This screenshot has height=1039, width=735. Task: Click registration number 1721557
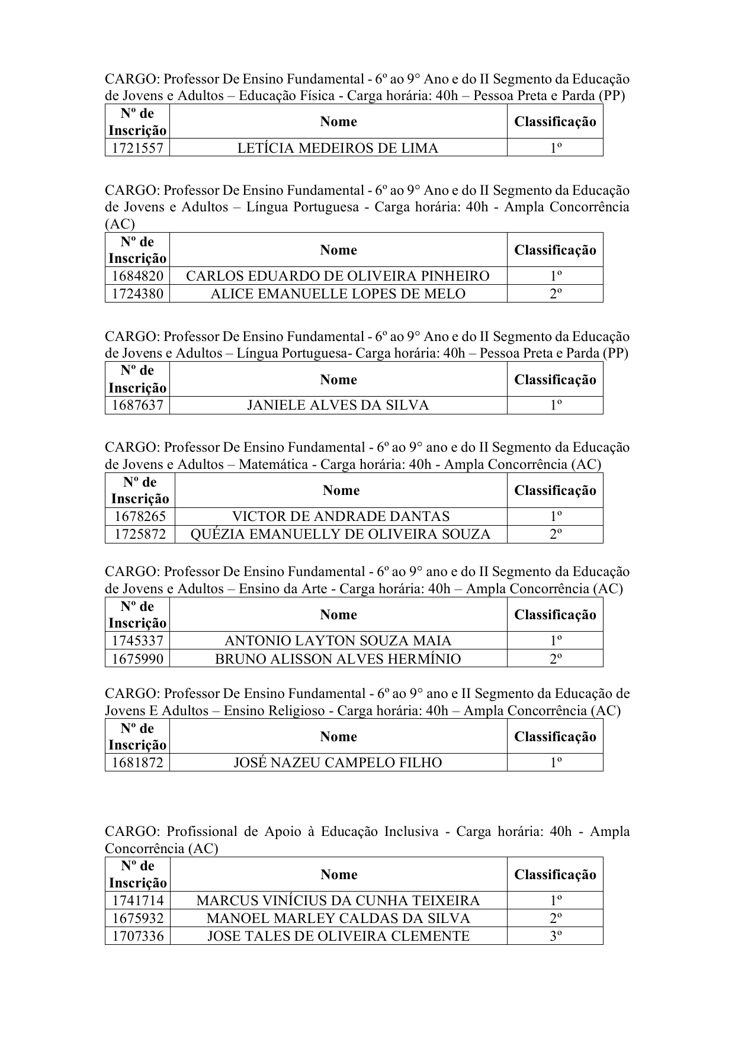point(137,148)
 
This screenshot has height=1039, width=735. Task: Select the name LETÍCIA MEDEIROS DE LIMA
point(338,148)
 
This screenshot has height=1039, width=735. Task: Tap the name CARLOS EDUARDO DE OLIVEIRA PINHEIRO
point(338,276)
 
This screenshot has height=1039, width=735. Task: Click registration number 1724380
point(137,294)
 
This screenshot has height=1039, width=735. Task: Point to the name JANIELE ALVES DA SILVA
point(338,405)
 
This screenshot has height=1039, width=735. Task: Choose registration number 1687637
point(137,405)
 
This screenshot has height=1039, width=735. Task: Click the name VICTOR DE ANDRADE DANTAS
point(341,516)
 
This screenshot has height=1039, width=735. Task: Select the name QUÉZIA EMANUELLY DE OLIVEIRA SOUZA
point(341,534)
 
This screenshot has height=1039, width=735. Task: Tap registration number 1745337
point(137,641)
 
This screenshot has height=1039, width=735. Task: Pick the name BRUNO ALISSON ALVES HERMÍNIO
point(338,658)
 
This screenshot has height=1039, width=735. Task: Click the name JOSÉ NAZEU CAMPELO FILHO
point(338,763)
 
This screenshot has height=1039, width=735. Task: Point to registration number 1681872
point(137,763)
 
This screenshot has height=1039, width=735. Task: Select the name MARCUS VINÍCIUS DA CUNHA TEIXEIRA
point(338,900)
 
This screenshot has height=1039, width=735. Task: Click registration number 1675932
point(137,918)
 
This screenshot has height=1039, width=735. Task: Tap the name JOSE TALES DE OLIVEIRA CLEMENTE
point(338,936)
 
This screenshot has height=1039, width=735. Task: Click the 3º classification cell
point(555,936)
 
